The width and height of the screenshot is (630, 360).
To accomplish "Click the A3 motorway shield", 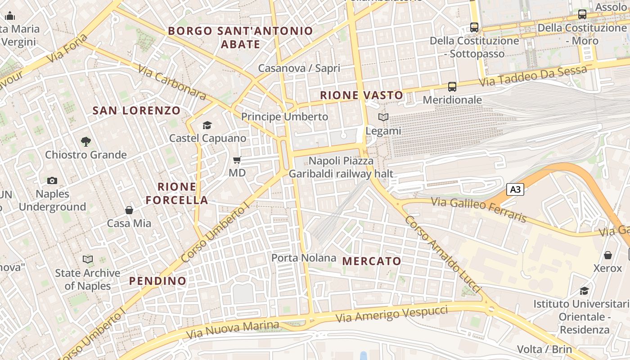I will [516, 189].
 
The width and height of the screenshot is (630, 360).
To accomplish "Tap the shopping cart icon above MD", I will [237, 160].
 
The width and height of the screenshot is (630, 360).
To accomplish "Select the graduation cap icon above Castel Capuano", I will [207, 125].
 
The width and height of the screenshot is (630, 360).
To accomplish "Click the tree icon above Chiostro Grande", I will [85, 142].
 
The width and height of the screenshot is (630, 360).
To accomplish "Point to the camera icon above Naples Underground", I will [52, 181].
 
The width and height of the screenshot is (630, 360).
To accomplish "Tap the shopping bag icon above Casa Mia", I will [129, 210].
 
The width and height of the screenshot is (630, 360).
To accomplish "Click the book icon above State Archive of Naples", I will [88, 260].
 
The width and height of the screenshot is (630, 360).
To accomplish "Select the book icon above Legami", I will [383, 117].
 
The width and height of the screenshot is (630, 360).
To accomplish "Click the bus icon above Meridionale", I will [452, 86].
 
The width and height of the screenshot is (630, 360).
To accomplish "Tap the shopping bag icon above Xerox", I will [608, 255].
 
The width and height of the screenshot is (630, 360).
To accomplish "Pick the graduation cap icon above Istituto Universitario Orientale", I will [584, 291].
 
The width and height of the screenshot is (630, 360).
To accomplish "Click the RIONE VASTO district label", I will [361, 95].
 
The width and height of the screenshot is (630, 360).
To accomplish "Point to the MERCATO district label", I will [372, 261].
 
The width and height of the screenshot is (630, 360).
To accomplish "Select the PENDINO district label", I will [157, 281].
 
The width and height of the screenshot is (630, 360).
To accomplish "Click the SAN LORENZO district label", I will [136, 110].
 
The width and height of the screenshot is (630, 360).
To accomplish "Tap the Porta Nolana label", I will [304, 258].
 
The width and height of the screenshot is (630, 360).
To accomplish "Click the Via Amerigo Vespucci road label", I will [392, 314].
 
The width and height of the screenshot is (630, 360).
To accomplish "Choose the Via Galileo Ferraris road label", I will [479, 210].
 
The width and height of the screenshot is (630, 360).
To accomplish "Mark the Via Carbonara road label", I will [172, 82].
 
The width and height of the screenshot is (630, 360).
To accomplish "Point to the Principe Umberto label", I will [285, 117].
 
